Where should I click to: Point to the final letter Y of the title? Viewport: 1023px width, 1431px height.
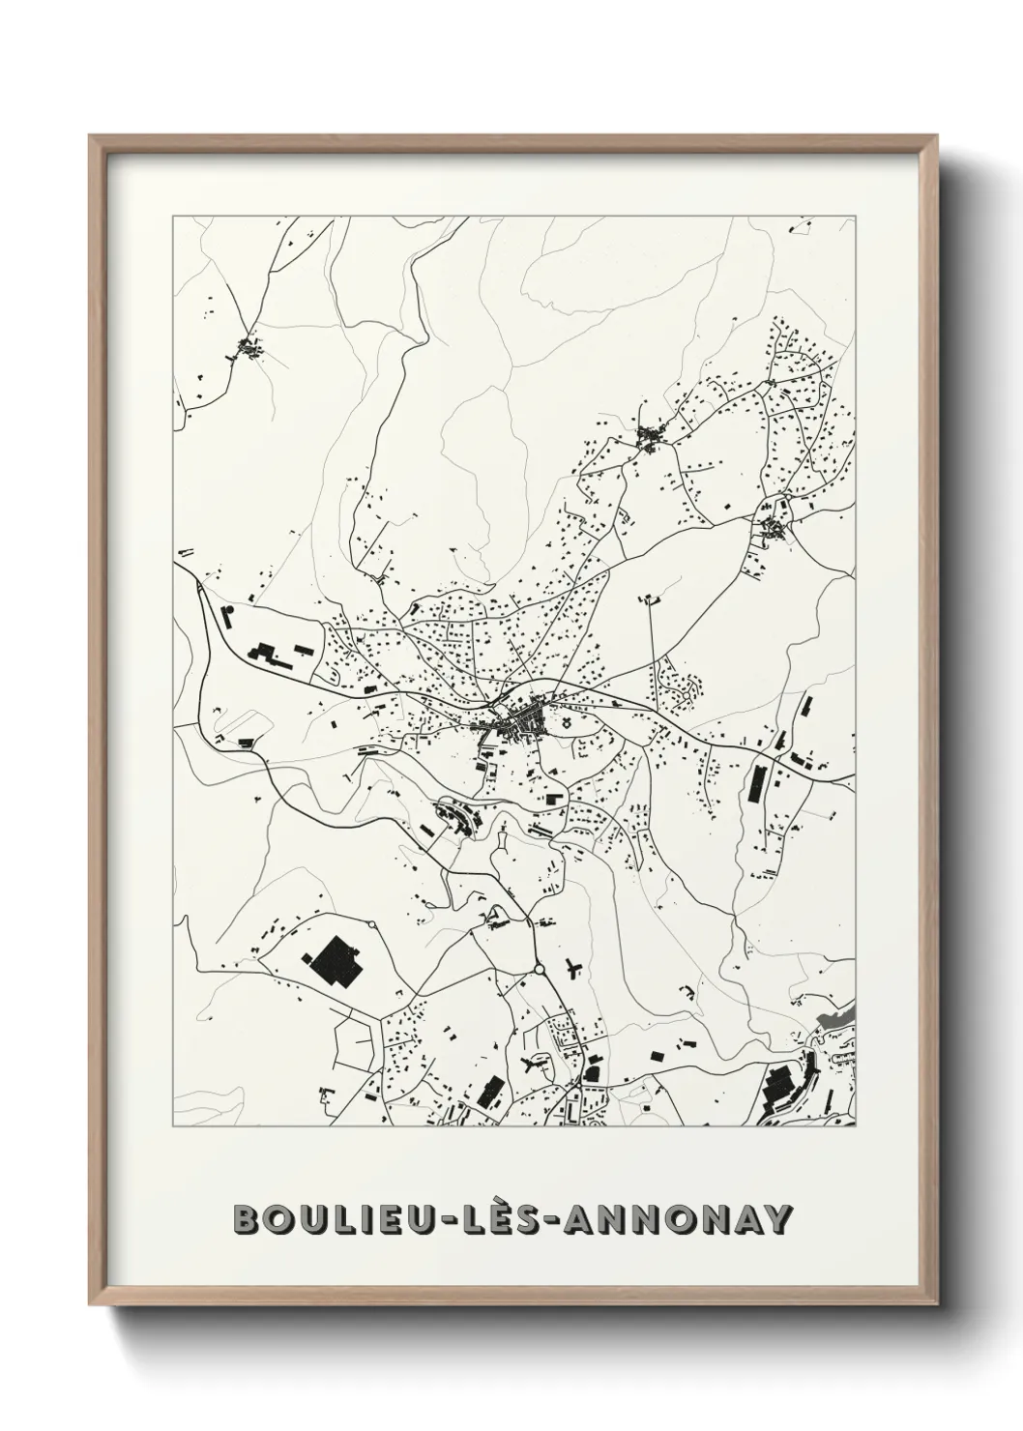(776, 1220)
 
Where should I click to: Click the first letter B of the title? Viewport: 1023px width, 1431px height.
(248, 1220)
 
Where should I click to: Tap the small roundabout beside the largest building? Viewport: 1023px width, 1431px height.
(373, 924)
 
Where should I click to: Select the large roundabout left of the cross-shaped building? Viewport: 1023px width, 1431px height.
(539, 968)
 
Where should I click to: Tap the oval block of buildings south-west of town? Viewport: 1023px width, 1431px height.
(457, 817)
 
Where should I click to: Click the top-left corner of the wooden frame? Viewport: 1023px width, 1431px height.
(92, 137)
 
